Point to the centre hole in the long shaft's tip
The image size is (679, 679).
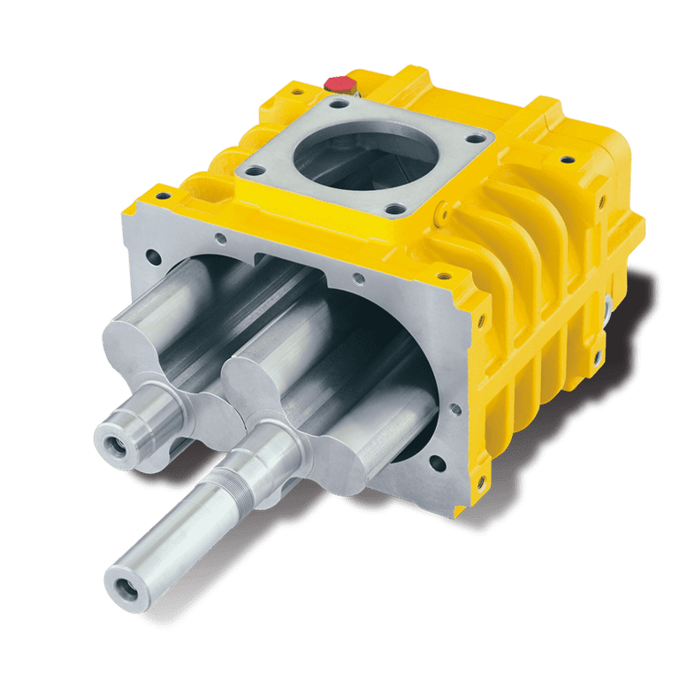pos(122,581)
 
